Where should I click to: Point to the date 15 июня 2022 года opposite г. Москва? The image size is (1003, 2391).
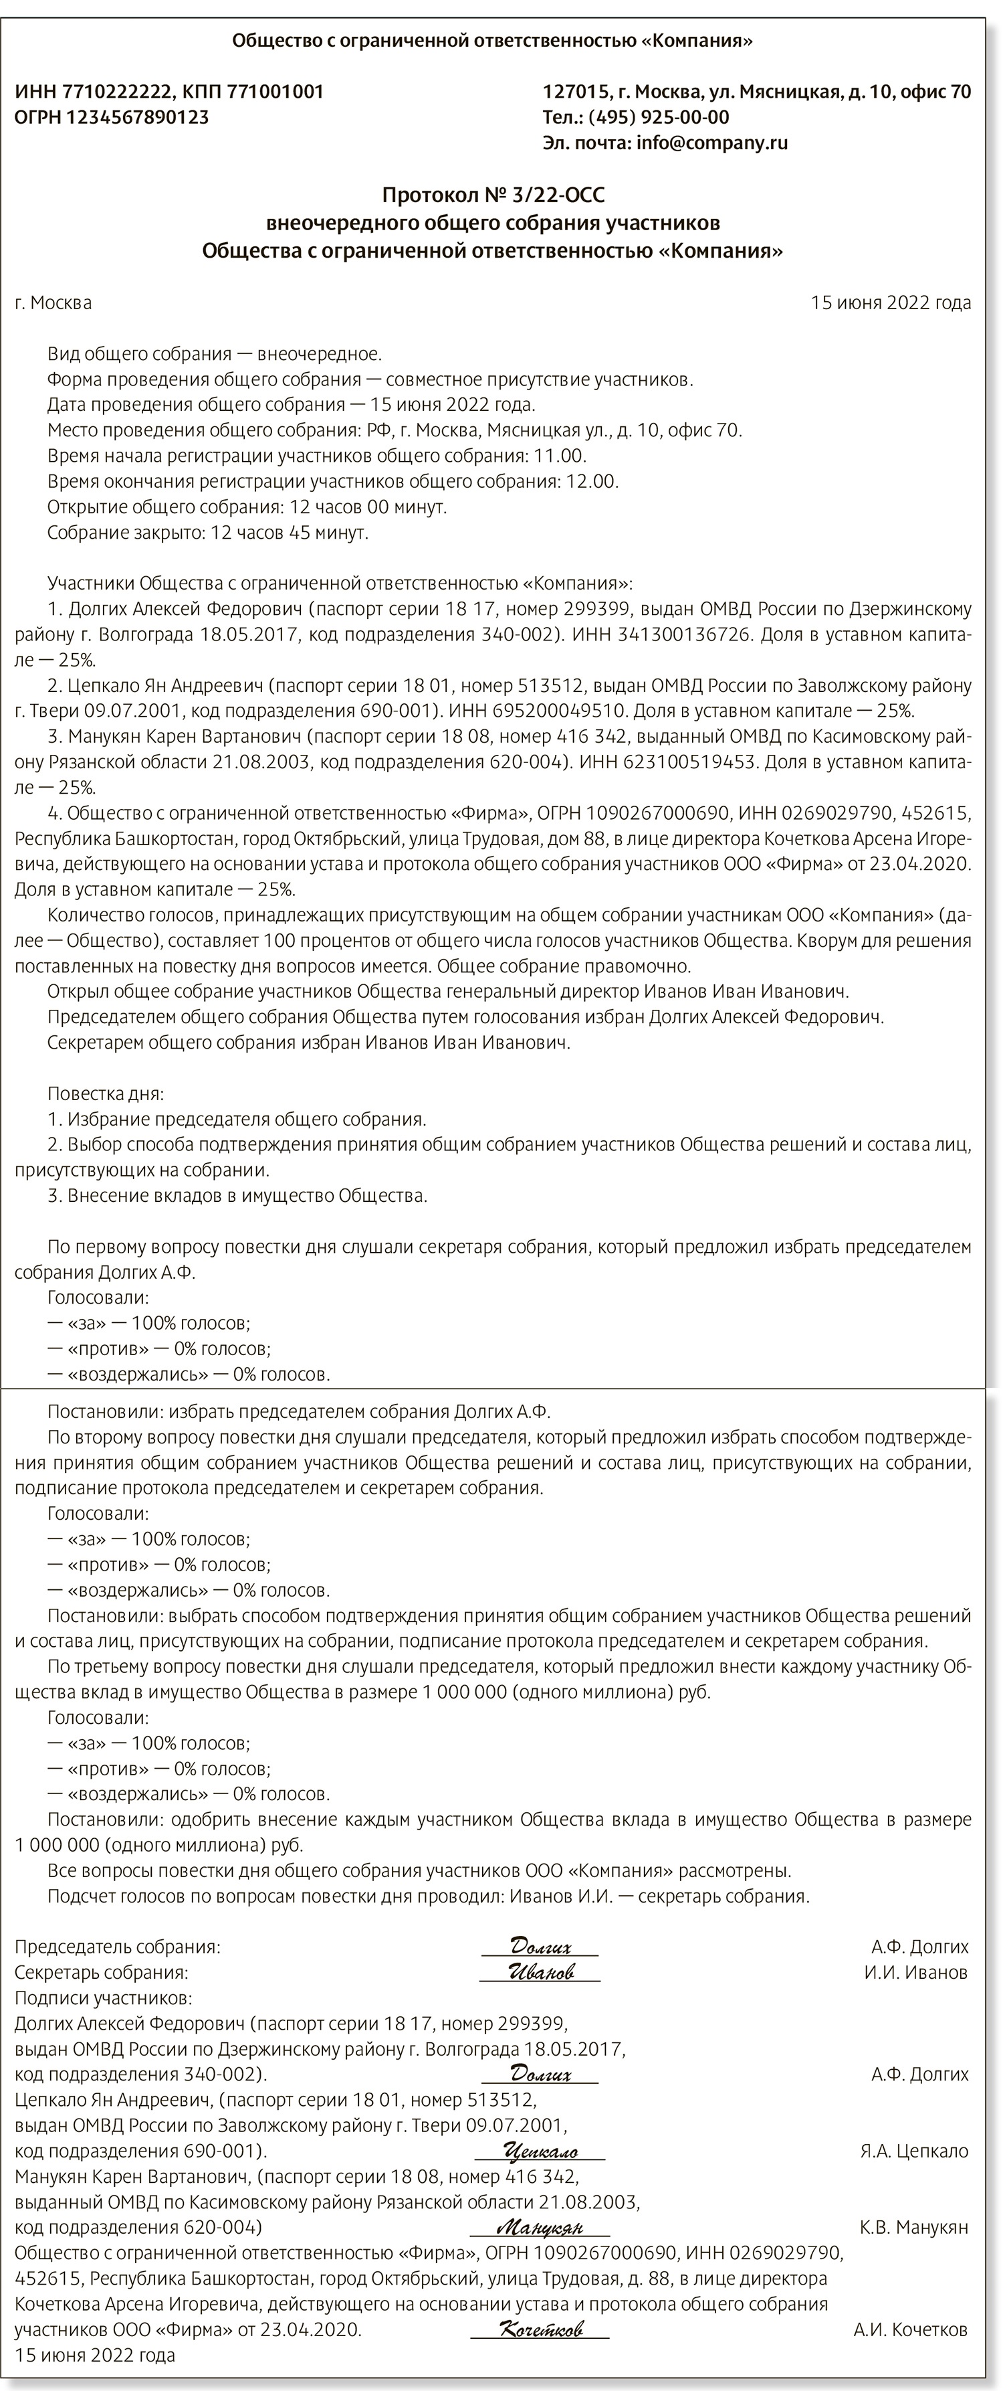(891, 302)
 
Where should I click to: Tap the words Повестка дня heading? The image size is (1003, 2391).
(106, 1093)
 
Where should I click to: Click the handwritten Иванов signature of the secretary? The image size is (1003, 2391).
(541, 1972)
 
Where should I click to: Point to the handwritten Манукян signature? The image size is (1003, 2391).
(540, 2226)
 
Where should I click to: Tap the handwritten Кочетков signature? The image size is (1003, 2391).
(541, 2329)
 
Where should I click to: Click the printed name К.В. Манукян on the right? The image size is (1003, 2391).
(914, 2226)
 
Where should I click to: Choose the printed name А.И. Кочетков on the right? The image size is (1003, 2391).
(910, 2329)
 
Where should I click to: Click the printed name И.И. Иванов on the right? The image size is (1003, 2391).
(916, 1972)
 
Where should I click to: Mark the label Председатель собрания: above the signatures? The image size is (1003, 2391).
(118, 1947)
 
